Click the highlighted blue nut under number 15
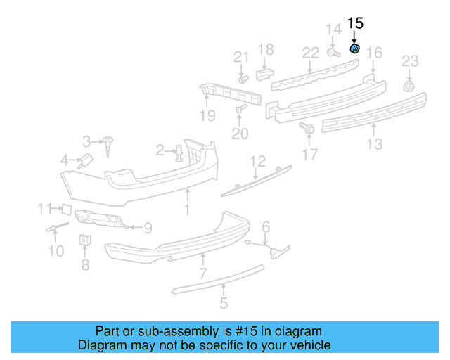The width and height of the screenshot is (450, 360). pos(355,49)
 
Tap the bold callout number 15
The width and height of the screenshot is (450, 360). pos(355,23)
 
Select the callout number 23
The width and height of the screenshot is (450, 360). pos(410,61)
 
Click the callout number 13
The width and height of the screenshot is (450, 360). pos(374,144)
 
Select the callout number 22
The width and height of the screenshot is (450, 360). pos(311,53)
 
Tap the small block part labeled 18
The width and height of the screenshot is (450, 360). pos(264,72)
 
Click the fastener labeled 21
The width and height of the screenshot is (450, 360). pos(243,79)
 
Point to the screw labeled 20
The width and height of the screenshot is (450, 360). pos(241,109)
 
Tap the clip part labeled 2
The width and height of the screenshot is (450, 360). pos(179,153)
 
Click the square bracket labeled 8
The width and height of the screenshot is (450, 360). pos(84,240)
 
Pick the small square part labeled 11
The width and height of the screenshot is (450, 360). pos(64,208)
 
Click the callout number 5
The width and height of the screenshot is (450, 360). pos(223,304)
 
